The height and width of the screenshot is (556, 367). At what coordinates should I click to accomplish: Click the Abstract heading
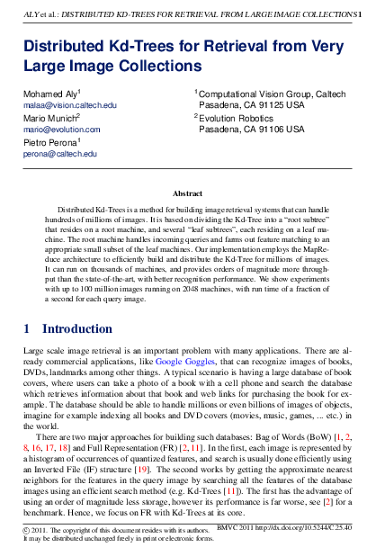coord(187,193)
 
